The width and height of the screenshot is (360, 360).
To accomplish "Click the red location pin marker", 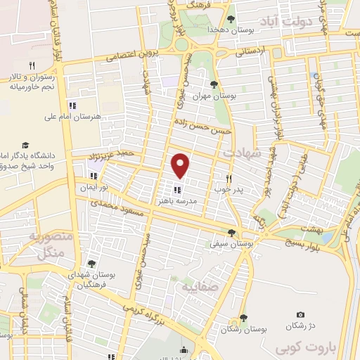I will pos(181,165).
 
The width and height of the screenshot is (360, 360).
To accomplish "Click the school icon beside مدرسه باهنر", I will pos(176,189).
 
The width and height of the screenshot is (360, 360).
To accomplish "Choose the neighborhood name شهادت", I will pos(243,153).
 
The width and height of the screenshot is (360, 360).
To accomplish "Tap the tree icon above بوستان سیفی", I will pos(232,233).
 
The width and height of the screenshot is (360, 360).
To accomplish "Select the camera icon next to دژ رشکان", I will pos(301,314).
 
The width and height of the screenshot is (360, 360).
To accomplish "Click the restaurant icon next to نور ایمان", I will pos(94,176).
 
